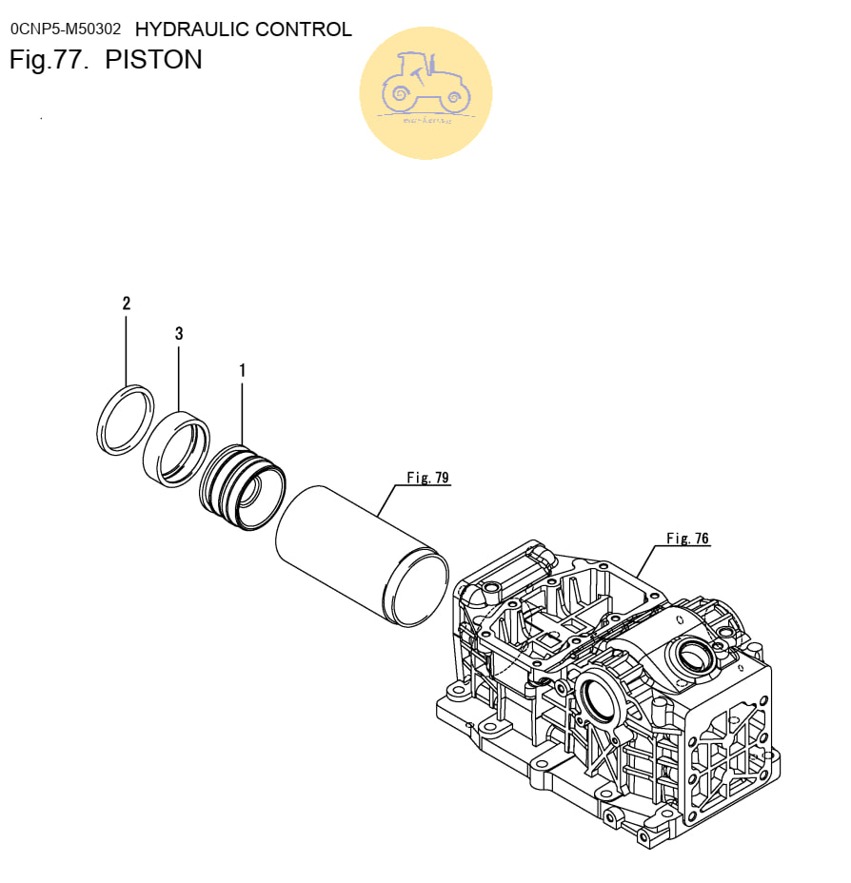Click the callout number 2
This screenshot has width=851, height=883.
tap(127, 304)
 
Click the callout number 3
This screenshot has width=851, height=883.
tap(179, 334)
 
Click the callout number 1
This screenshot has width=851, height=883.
tap(242, 370)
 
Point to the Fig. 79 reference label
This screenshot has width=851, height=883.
tap(427, 478)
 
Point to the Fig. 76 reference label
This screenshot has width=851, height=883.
tap(687, 539)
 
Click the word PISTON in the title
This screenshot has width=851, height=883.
tap(153, 60)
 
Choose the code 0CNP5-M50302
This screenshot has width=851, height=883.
tap(66, 29)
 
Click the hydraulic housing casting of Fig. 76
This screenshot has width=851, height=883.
tap(609, 704)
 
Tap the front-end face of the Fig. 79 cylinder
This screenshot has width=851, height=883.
tap(416, 590)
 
